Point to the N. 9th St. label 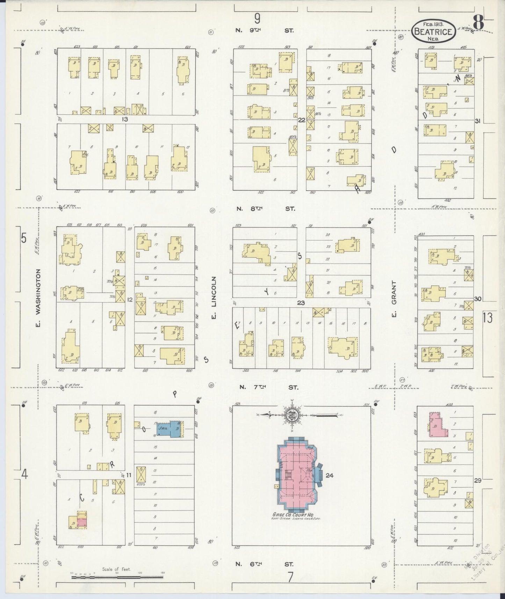click(265, 30)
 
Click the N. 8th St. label click(265, 209)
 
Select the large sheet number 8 click(478, 24)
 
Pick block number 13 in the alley click(125, 119)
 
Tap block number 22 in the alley click(302, 120)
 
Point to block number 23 click(301, 303)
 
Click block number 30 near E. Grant click(478, 299)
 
